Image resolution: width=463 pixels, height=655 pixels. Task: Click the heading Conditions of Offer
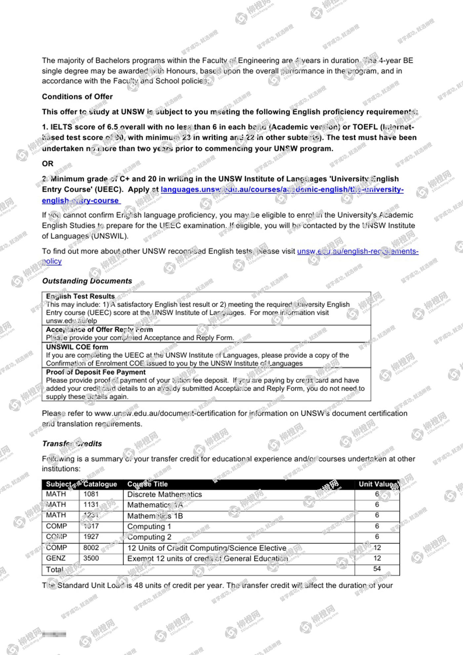[77, 97]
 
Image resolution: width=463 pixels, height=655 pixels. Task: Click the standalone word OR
[48, 164]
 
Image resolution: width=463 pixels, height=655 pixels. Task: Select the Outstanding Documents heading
[87, 281]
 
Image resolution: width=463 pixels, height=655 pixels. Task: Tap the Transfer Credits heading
[72, 444]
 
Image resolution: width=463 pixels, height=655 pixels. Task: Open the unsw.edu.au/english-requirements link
[358, 251]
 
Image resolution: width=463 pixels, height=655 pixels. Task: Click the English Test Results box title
[80, 296]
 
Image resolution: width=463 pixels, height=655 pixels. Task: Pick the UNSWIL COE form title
[77, 347]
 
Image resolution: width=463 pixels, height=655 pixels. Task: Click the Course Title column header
[147, 484]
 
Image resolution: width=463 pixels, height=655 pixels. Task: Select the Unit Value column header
[376, 484]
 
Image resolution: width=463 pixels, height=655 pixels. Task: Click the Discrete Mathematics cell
[164, 494]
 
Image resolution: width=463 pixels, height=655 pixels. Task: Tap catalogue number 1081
[91, 494]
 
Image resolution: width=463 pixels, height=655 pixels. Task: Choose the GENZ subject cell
[56, 558]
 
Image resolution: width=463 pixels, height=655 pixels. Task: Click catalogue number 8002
[91, 547]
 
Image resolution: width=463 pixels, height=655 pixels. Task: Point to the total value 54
[377, 569]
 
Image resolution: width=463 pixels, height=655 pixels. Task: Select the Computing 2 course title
[149, 537]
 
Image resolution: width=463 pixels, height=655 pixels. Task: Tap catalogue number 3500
[91, 558]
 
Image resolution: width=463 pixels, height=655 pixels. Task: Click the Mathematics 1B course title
[155, 516]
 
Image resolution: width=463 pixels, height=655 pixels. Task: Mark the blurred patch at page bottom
[54, 634]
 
